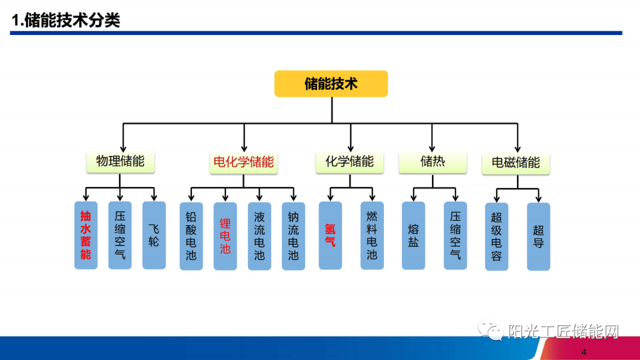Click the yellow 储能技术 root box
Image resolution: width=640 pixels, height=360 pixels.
(331, 84)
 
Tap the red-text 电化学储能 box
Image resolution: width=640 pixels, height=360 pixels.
(244, 161)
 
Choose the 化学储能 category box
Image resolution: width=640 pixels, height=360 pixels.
(350, 161)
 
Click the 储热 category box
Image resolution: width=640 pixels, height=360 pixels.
(433, 161)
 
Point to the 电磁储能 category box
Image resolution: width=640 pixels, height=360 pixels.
(516, 163)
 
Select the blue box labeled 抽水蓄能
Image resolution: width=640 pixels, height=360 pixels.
(86, 235)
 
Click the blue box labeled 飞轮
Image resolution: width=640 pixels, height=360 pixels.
(154, 235)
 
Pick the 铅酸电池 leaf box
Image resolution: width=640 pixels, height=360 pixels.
(191, 236)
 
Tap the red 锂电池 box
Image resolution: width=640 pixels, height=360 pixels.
(225, 236)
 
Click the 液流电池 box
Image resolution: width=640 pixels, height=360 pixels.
(259, 236)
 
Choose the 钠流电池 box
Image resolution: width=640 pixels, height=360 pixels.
(293, 236)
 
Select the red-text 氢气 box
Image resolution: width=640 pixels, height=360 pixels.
(330, 235)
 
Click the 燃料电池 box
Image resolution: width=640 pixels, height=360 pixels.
(372, 235)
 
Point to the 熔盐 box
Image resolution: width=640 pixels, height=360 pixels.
(413, 235)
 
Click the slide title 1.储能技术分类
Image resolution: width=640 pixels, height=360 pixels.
(66, 20)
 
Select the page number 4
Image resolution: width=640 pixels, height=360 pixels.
(584, 352)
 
